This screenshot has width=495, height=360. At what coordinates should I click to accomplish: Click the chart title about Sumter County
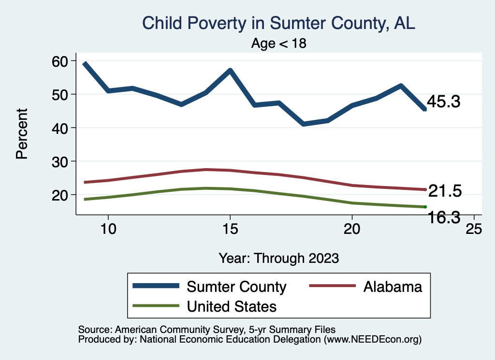tap(278, 23)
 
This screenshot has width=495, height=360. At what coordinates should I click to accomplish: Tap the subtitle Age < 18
tap(279, 43)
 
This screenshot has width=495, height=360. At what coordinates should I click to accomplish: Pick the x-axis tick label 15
tap(230, 229)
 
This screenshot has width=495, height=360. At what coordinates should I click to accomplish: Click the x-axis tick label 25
tap(474, 229)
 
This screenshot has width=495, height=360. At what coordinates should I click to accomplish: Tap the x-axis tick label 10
tap(108, 229)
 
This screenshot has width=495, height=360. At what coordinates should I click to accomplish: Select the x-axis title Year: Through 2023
tap(278, 258)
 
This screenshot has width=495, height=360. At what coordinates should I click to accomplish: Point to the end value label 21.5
tap(445, 191)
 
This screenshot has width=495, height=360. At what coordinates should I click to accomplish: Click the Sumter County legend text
tap(236, 287)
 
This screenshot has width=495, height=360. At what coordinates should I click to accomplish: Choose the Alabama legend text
tap(393, 287)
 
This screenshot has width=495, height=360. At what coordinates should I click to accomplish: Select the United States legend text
tap(232, 306)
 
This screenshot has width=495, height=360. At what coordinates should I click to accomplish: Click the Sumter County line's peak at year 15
tap(230, 71)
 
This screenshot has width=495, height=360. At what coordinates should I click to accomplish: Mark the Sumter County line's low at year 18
tap(304, 124)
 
